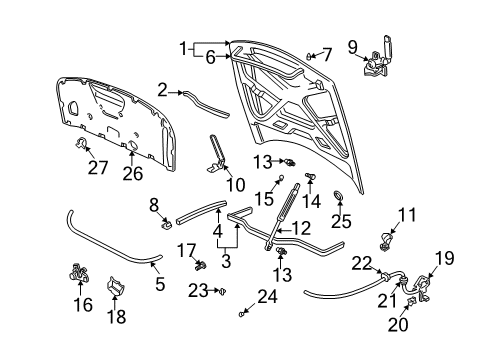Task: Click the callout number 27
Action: [x=98, y=167]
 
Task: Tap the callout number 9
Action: [x=353, y=47]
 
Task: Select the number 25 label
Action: [x=341, y=221]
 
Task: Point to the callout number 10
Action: [x=236, y=184]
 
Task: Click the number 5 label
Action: [x=160, y=284]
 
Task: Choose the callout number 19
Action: [x=445, y=258]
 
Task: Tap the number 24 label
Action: [x=267, y=296]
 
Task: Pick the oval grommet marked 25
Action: [x=338, y=196]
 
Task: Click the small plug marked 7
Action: [x=309, y=56]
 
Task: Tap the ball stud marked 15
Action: [x=281, y=177]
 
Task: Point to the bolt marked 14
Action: [x=310, y=176]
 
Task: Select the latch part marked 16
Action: [x=79, y=272]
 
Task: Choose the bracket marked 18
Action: [x=115, y=286]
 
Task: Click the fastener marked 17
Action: [x=201, y=266]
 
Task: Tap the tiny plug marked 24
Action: [x=242, y=314]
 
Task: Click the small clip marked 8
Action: [x=166, y=224]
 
